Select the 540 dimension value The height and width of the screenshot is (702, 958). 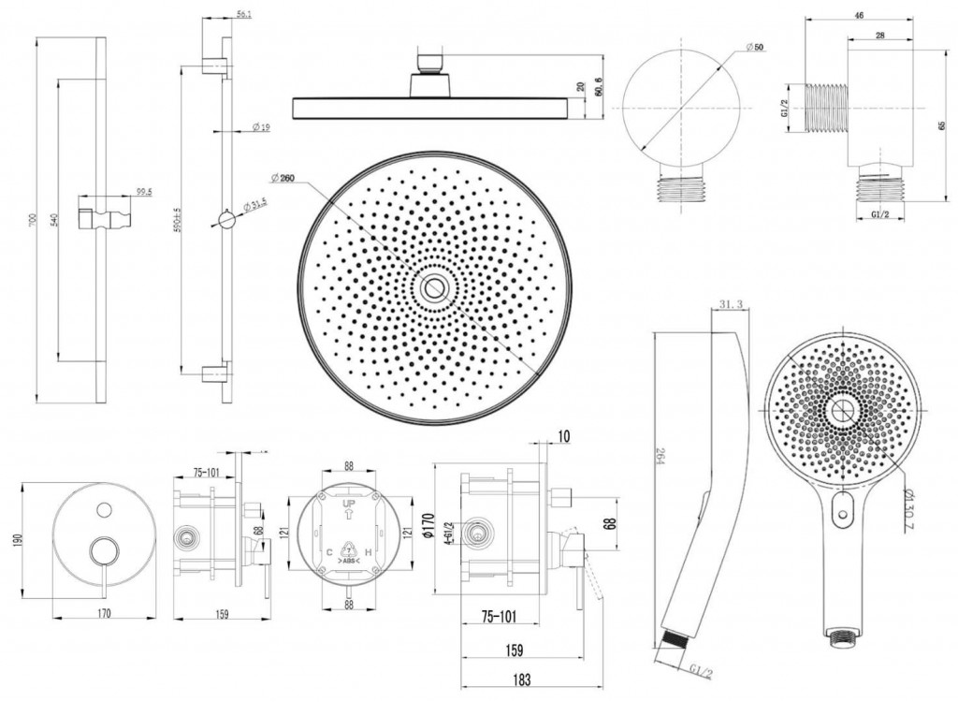(54, 221)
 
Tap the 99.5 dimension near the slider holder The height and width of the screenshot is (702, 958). (144, 192)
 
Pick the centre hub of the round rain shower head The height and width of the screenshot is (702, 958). (433, 288)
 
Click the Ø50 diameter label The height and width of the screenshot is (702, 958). (755, 47)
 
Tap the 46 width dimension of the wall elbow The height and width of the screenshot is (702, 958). (858, 14)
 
